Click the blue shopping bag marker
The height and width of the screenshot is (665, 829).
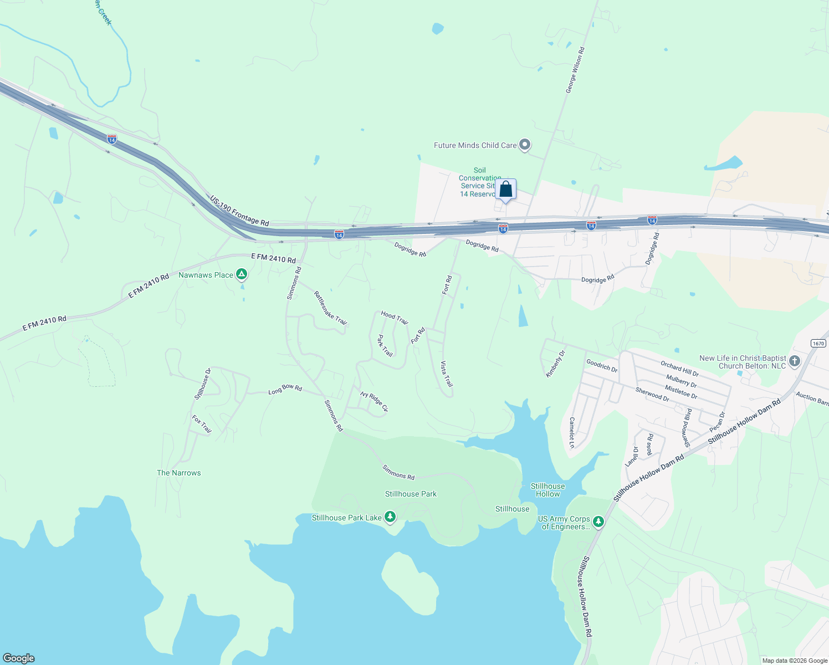click(505, 190)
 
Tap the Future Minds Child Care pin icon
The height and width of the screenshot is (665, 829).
click(525, 145)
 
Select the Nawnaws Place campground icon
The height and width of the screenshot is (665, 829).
click(241, 274)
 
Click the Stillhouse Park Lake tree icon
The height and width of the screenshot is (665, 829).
click(390, 517)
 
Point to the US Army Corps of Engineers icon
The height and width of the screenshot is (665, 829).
click(598, 521)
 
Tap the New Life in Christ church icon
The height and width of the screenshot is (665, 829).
click(794, 362)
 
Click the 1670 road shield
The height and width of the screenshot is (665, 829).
click(818, 344)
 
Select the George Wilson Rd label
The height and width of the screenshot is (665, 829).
click(575, 70)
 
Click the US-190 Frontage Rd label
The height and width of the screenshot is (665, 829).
click(239, 211)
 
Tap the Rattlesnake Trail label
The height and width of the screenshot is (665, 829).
click(330, 308)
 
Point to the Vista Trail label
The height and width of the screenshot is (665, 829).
click(447, 374)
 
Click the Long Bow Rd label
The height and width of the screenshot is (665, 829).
click(285, 389)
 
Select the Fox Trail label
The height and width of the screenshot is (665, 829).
click(202, 424)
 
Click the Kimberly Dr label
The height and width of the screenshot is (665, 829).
click(555, 364)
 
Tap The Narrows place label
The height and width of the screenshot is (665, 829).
click(178, 473)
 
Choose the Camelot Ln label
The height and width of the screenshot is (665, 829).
click(571, 433)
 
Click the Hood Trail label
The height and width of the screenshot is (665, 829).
click(395, 318)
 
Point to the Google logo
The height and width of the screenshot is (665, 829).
click(19, 658)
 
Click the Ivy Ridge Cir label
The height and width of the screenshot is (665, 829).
click(374, 402)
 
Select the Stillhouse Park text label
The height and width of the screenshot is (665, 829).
click(411, 494)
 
